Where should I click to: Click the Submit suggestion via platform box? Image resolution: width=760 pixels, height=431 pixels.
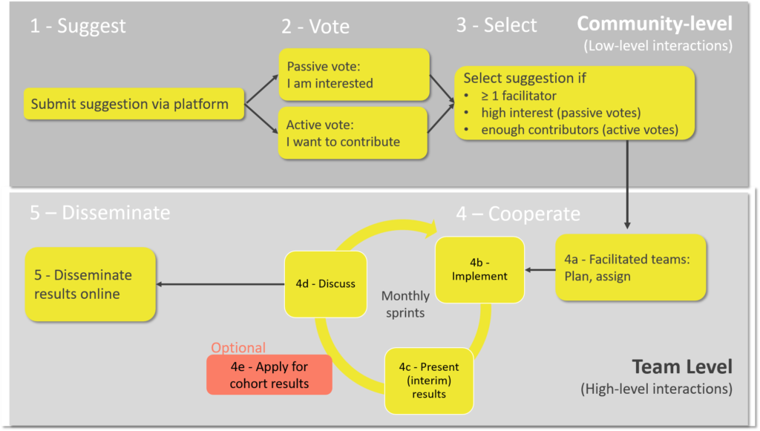(x=134, y=104)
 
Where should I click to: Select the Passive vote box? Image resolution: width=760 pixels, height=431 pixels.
(x=354, y=75)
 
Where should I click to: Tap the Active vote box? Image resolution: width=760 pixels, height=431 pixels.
(x=353, y=133)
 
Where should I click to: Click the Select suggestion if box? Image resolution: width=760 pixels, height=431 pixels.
(x=574, y=103)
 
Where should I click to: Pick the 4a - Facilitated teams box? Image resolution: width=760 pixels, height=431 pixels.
(x=631, y=267)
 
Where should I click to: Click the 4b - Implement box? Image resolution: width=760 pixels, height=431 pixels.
(x=479, y=270)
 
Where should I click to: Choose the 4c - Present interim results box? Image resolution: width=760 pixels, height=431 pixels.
(x=429, y=381)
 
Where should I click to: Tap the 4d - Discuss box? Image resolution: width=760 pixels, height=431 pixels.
(x=326, y=284)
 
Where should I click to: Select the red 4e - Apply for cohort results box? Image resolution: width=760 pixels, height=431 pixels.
(x=269, y=375)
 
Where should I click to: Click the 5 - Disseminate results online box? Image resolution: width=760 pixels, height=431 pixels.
(x=90, y=284)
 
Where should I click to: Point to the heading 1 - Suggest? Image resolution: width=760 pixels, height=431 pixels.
(x=77, y=26)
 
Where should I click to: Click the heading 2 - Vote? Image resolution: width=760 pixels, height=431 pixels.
(x=315, y=26)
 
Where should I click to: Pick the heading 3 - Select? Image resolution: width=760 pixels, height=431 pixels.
(x=497, y=25)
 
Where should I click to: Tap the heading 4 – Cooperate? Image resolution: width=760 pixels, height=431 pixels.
(x=517, y=214)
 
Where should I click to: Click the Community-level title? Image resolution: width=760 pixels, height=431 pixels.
(x=655, y=24)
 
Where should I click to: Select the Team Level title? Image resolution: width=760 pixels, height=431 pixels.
(x=682, y=366)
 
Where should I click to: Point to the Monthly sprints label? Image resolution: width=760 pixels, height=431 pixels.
(x=405, y=304)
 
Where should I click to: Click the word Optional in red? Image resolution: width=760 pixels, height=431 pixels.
(x=238, y=347)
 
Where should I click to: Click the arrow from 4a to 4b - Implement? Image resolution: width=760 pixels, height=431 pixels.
(x=540, y=270)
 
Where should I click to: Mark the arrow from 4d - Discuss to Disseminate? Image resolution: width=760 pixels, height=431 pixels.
(x=220, y=284)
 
